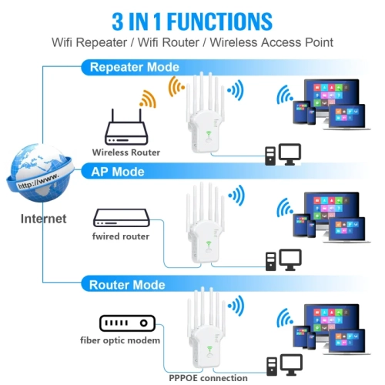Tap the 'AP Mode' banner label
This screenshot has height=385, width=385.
click(118, 171)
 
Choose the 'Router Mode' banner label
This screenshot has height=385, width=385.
click(128, 285)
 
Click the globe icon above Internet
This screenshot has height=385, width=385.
click(38, 172)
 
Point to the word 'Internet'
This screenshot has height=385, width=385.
click(44, 219)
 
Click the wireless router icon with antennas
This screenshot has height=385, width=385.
click(126, 128)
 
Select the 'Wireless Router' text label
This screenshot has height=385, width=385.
click(126, 152)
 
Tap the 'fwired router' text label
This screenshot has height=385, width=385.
click(121, 236)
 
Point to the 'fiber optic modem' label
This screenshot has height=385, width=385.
click(120, 340)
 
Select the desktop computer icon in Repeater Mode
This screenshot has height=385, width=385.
click(282, 155)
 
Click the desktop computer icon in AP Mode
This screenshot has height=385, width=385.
click(282, 259)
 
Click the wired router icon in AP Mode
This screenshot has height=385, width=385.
click(121, 216)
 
